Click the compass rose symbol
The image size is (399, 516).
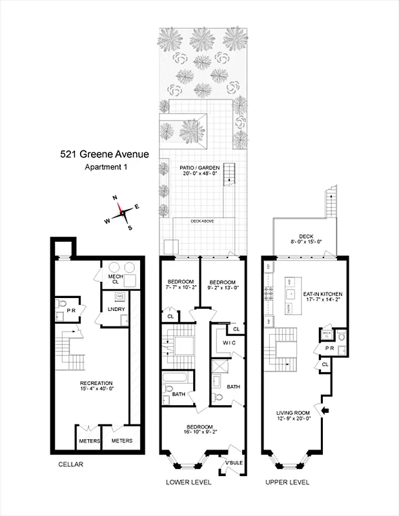pyautogui.click(x=122, y=212)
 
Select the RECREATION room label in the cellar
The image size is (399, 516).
pyautogui.click(x=97, y=382)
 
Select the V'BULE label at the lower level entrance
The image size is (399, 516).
pyautogui.click(x=234, y=464)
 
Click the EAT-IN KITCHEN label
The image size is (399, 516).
pyautogui.click(x=323, y=293)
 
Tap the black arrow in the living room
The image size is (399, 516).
pyautogui.click(x=325, y=410)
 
